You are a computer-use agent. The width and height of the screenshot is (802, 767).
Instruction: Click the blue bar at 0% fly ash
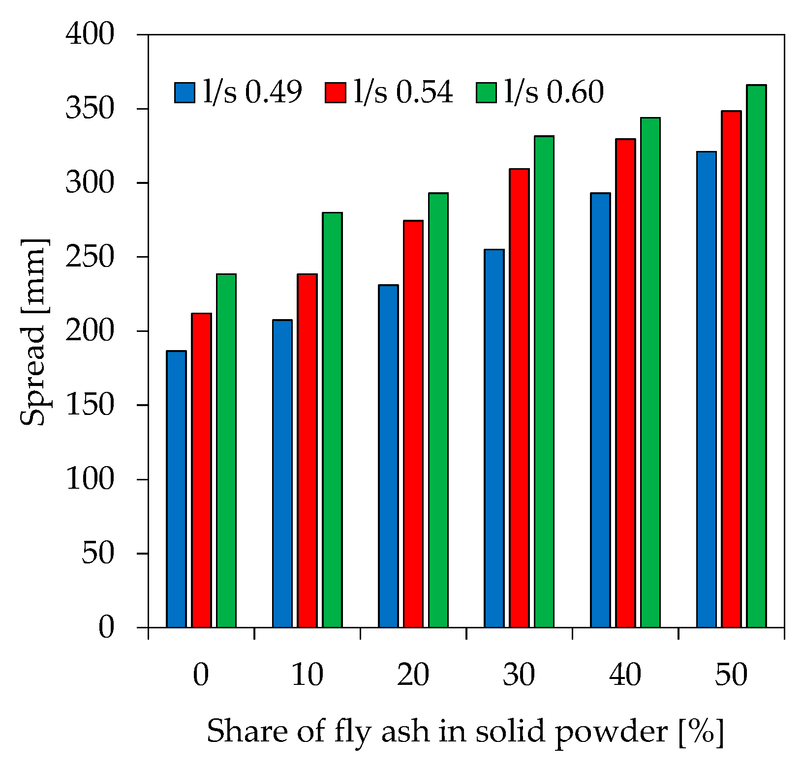click(x=176, y=489)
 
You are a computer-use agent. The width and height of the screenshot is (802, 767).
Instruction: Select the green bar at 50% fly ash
click(x=756, y=356)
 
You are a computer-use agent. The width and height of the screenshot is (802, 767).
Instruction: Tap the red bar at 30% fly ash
click(x=519, y=398)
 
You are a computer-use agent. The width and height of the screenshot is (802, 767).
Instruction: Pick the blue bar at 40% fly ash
click(x=600, y=411)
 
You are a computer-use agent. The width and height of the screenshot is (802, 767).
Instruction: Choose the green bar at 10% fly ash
click(x=332, y=420)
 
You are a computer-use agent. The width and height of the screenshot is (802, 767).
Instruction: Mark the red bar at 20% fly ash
click(x=413, y=424)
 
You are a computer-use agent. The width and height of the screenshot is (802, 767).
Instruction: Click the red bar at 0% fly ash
click(x=201, y=471)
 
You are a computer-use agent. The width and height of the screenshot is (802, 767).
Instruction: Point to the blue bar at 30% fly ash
click(x=494, y=439)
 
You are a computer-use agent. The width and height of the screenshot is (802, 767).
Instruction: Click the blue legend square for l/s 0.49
click(x=185, y=92)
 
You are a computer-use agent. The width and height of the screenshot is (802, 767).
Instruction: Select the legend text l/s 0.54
click(x=403, y=92)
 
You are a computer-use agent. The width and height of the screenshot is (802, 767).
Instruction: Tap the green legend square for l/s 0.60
click(x=486, y=92)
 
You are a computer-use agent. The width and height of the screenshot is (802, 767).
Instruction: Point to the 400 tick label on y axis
click(x=90, y=35)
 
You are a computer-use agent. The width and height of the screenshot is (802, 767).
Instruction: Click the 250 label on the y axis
click(x=90, y=257)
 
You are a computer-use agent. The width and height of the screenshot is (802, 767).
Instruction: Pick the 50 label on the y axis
click(x=97, y=554)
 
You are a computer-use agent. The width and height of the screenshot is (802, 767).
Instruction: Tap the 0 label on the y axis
click(x=106, y=628)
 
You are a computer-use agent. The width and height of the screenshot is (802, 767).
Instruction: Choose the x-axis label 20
click(x=413, y=675)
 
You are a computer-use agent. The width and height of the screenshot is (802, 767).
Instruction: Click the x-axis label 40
click(x=625, y=675)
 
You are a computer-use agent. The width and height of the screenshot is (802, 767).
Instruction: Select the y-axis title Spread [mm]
click(x=33, y=332)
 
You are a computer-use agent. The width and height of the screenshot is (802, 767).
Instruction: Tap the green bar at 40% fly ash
click(x=650, y=373)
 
